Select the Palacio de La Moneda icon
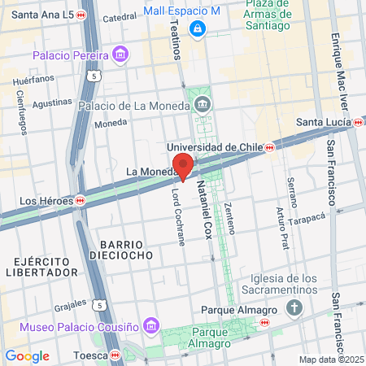click(202, 103)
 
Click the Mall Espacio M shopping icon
click(197, 29)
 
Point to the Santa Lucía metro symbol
click(359, 123)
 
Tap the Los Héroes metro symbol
click(81, 199)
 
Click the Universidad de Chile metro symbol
click(269, 147)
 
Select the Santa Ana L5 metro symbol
click(81, 15)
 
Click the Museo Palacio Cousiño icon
click(150, 327)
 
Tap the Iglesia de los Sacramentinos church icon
click(294, 309)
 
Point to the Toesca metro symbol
click(115, 355)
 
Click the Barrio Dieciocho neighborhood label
click(122, 249)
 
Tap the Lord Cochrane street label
click(179, 220)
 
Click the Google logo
click(28, 355)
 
